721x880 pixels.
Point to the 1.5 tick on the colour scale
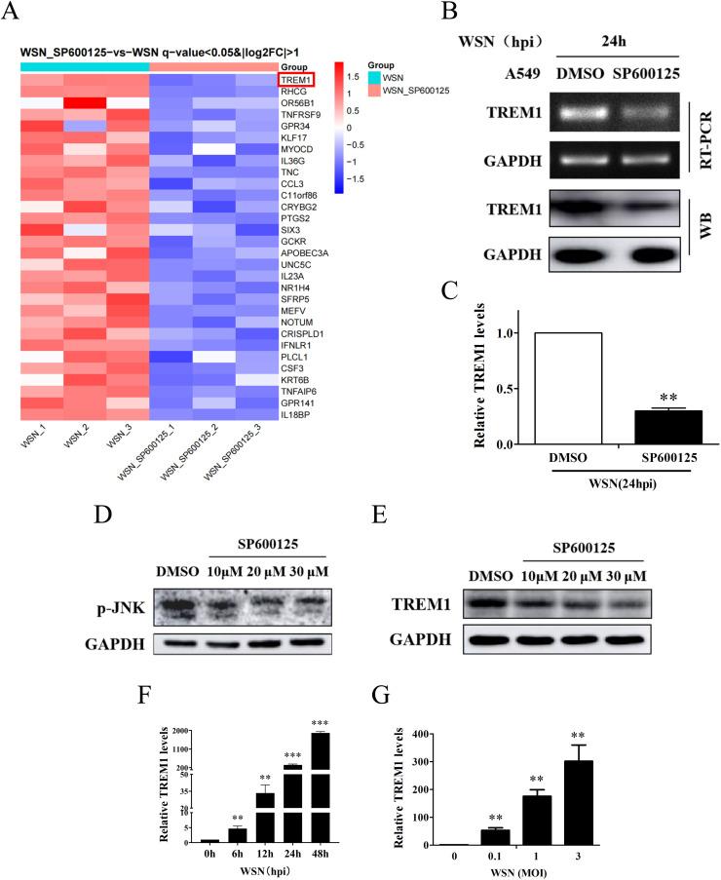coord(358,75)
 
